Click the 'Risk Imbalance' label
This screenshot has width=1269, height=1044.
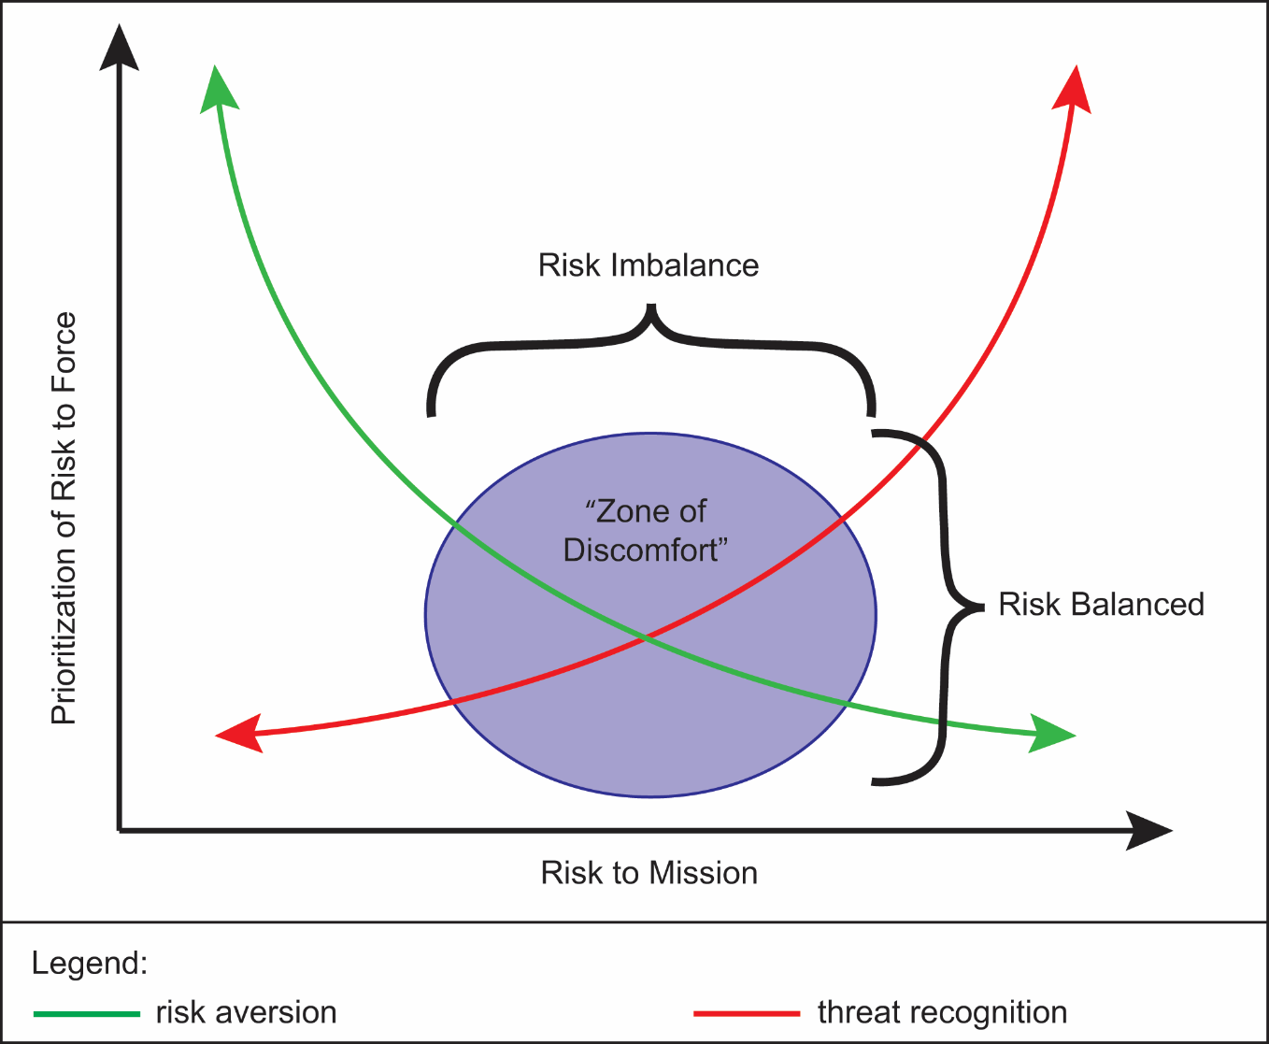(649, 265)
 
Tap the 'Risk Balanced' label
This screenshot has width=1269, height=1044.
(1101, 605)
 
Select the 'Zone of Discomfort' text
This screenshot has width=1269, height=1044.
(646, 531)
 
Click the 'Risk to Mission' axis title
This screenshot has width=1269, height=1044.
(649, 873)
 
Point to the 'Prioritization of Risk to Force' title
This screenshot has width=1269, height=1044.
(63, 519)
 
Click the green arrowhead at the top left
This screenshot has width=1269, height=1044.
(219, 89)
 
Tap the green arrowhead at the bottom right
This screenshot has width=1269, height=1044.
(1052, 734)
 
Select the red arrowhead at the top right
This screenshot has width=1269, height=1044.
(1073, 89)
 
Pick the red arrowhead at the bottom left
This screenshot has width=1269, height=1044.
(239, 734)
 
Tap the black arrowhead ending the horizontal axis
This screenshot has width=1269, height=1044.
(1148, 830)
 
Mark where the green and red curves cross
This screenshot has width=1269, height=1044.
(646, 638)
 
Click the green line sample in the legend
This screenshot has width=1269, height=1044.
(86, 1013)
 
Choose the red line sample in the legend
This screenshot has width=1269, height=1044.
(747, 1013)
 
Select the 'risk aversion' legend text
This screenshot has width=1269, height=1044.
(246, 1012)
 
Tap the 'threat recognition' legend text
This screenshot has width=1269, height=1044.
(942, 1012)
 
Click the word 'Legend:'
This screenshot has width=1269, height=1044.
(90, 963)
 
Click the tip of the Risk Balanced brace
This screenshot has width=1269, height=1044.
(981, 608)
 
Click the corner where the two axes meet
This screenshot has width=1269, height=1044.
(120, 829)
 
